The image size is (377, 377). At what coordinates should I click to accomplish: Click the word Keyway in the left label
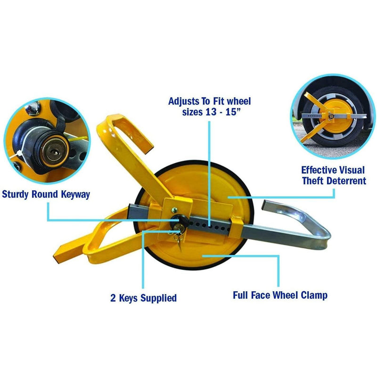[x=75, y=194]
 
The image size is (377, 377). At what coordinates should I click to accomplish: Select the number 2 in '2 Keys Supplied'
[x=113, y=298]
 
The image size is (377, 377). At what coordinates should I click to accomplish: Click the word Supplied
[x=159, y=298]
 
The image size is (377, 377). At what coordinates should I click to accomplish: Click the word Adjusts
[x=184, y=101]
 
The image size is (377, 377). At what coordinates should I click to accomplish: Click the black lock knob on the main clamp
[x=176, y=218]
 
